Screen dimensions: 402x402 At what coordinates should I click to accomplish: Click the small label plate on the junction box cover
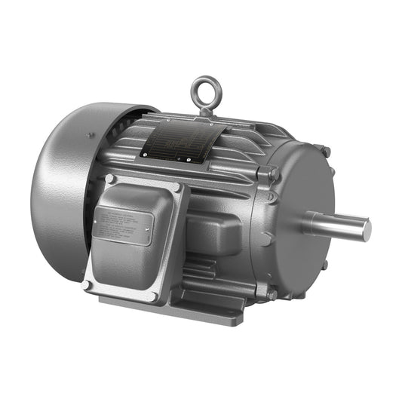coord(122,226)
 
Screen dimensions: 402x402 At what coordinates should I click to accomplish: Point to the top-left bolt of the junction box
coord(110,180)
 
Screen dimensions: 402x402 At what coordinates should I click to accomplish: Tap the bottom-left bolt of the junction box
coord(87,285)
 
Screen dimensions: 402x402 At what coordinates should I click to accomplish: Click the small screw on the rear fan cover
coord(90,136)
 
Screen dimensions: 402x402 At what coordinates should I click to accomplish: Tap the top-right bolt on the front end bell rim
coord(326,152)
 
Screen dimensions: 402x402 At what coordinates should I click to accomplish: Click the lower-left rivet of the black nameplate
coord(143,156)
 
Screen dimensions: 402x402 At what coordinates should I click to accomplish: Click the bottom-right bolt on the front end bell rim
coord(324,265)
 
